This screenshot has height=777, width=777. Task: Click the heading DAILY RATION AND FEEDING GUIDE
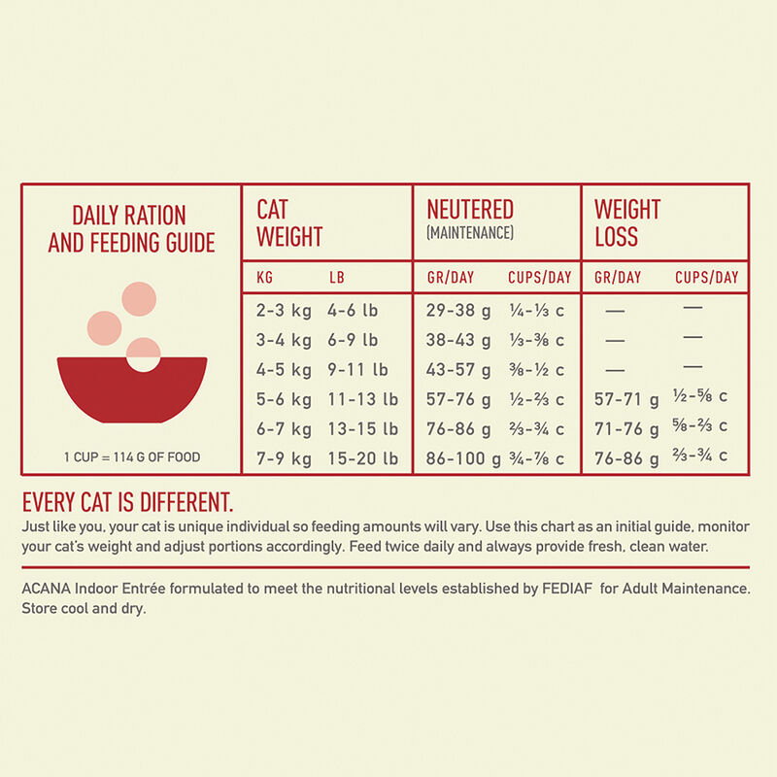[131, 229]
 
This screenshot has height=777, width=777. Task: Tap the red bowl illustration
[132, 388]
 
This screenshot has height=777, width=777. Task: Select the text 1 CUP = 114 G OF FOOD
[131, 457]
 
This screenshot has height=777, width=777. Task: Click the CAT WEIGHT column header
[288, 222]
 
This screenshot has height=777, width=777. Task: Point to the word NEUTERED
[470, 210]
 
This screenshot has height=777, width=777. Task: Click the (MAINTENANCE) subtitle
[470, 233]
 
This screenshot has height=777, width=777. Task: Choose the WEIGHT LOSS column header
[627, 222]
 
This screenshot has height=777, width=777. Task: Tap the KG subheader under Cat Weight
[264, 278]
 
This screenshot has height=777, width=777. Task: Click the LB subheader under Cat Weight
[336, 278]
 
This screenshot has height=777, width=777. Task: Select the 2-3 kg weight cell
[284, 312]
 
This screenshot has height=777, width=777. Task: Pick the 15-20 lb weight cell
[362, 457]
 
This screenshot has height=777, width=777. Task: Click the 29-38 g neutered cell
[459, 312]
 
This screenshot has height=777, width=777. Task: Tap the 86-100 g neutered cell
[463, 457]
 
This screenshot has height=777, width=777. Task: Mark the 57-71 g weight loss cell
[626, 399]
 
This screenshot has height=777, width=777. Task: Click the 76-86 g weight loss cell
[626, 457]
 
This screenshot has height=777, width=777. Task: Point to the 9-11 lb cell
[357, 370]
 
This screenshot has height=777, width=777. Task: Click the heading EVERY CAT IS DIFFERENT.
[127, 503]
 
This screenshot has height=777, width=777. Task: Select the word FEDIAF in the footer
[561, 589]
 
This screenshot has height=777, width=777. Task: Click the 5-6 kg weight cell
[284, 399]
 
